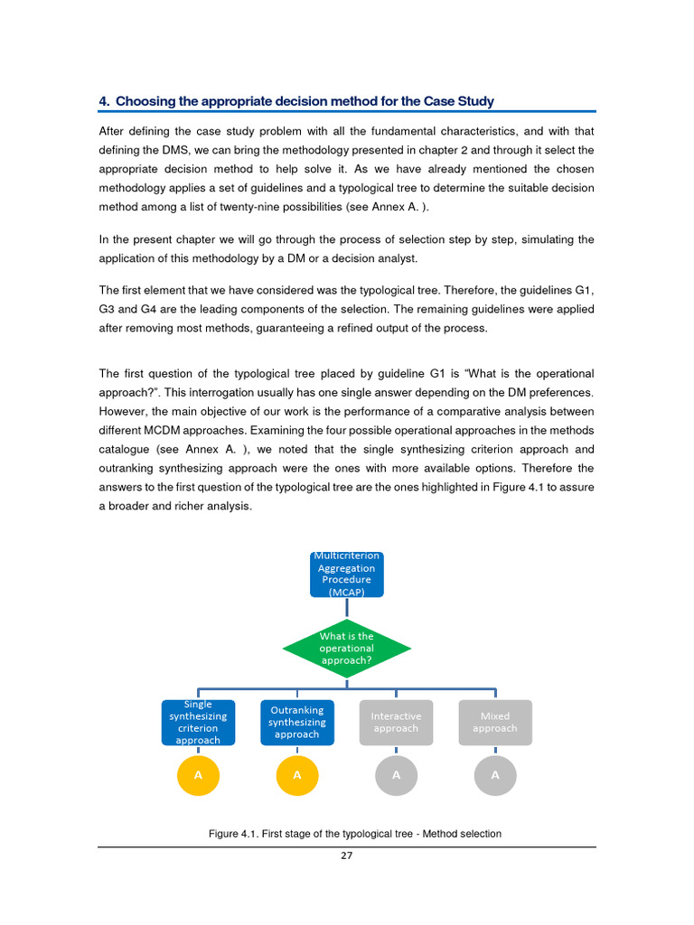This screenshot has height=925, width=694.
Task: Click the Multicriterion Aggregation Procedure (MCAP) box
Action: point(346,575)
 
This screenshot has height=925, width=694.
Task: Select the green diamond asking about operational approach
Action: point(346,648)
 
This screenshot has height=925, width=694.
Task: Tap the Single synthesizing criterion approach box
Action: point(198,722)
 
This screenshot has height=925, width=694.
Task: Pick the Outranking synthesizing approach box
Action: point(296,722)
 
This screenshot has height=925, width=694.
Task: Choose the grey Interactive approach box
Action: point(396,722)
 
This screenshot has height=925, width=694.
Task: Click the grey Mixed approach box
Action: point(495,722)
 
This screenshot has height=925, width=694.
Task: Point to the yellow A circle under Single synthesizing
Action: point(198,775)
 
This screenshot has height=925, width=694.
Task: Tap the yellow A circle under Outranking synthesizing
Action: point(296,775)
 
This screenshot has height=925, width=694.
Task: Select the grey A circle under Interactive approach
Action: point(396,775)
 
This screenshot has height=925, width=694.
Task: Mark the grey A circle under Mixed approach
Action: point(495,775)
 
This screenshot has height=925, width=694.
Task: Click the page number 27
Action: point(347,856)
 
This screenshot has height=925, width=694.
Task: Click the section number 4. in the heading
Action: point(104,101)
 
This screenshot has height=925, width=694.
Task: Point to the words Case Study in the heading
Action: point(463,101)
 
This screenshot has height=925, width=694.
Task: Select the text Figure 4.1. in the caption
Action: point(234,834)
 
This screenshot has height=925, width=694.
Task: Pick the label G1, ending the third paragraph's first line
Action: point(585,290)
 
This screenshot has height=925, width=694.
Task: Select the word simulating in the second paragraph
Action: point(546,239)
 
